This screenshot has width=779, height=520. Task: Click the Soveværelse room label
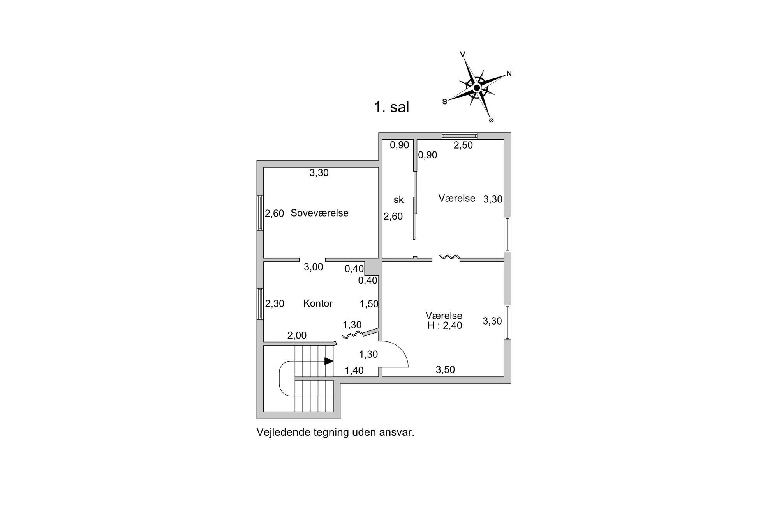pos(319,213)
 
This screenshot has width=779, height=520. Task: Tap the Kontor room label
pos(318,303)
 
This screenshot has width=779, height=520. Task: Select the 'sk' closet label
pos(398,200)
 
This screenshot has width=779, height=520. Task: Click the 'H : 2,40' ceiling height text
pos(444,325)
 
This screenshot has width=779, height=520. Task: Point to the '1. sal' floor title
pos(391,107)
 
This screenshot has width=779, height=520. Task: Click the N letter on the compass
pos(509,74)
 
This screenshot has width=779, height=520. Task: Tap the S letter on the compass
pos(444,101)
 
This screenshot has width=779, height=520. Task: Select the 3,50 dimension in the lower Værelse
pos(445,370)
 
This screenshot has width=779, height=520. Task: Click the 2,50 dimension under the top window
pos(463,145)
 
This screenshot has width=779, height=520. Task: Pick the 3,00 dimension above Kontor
pos(314,267)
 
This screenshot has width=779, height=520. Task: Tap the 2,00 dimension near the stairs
pos(297,335)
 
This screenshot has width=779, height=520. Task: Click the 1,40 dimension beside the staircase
pos(354,371)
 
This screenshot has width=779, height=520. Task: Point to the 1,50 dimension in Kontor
pos(369,304)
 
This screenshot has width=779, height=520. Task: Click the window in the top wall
pos(460,136)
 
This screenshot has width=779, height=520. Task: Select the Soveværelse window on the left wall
pos(260,213)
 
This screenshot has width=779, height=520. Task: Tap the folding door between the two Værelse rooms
pos(449,257)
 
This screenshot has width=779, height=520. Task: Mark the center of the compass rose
pos(477,88)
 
